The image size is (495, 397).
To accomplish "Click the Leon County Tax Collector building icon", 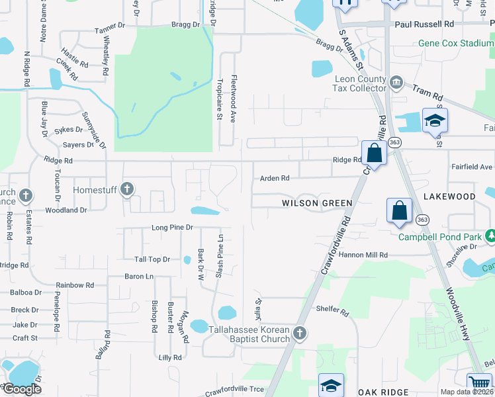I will click(396, 82).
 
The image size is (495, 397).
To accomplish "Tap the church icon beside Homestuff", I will click(128, 191).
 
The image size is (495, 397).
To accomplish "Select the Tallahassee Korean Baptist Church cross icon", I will click(299, 333).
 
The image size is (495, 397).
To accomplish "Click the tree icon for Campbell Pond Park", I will click(490, 236).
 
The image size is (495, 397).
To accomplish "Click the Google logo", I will click(22, 388).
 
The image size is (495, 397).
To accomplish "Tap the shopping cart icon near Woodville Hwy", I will click(480, 384).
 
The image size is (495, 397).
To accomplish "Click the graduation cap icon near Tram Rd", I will click(435, 120).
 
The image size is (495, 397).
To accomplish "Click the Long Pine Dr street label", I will click(171, 227).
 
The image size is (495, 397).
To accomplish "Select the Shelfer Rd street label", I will click(332, 310).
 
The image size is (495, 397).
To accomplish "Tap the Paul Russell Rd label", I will click(424, 23).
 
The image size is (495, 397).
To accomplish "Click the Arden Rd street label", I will click(275, 178).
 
